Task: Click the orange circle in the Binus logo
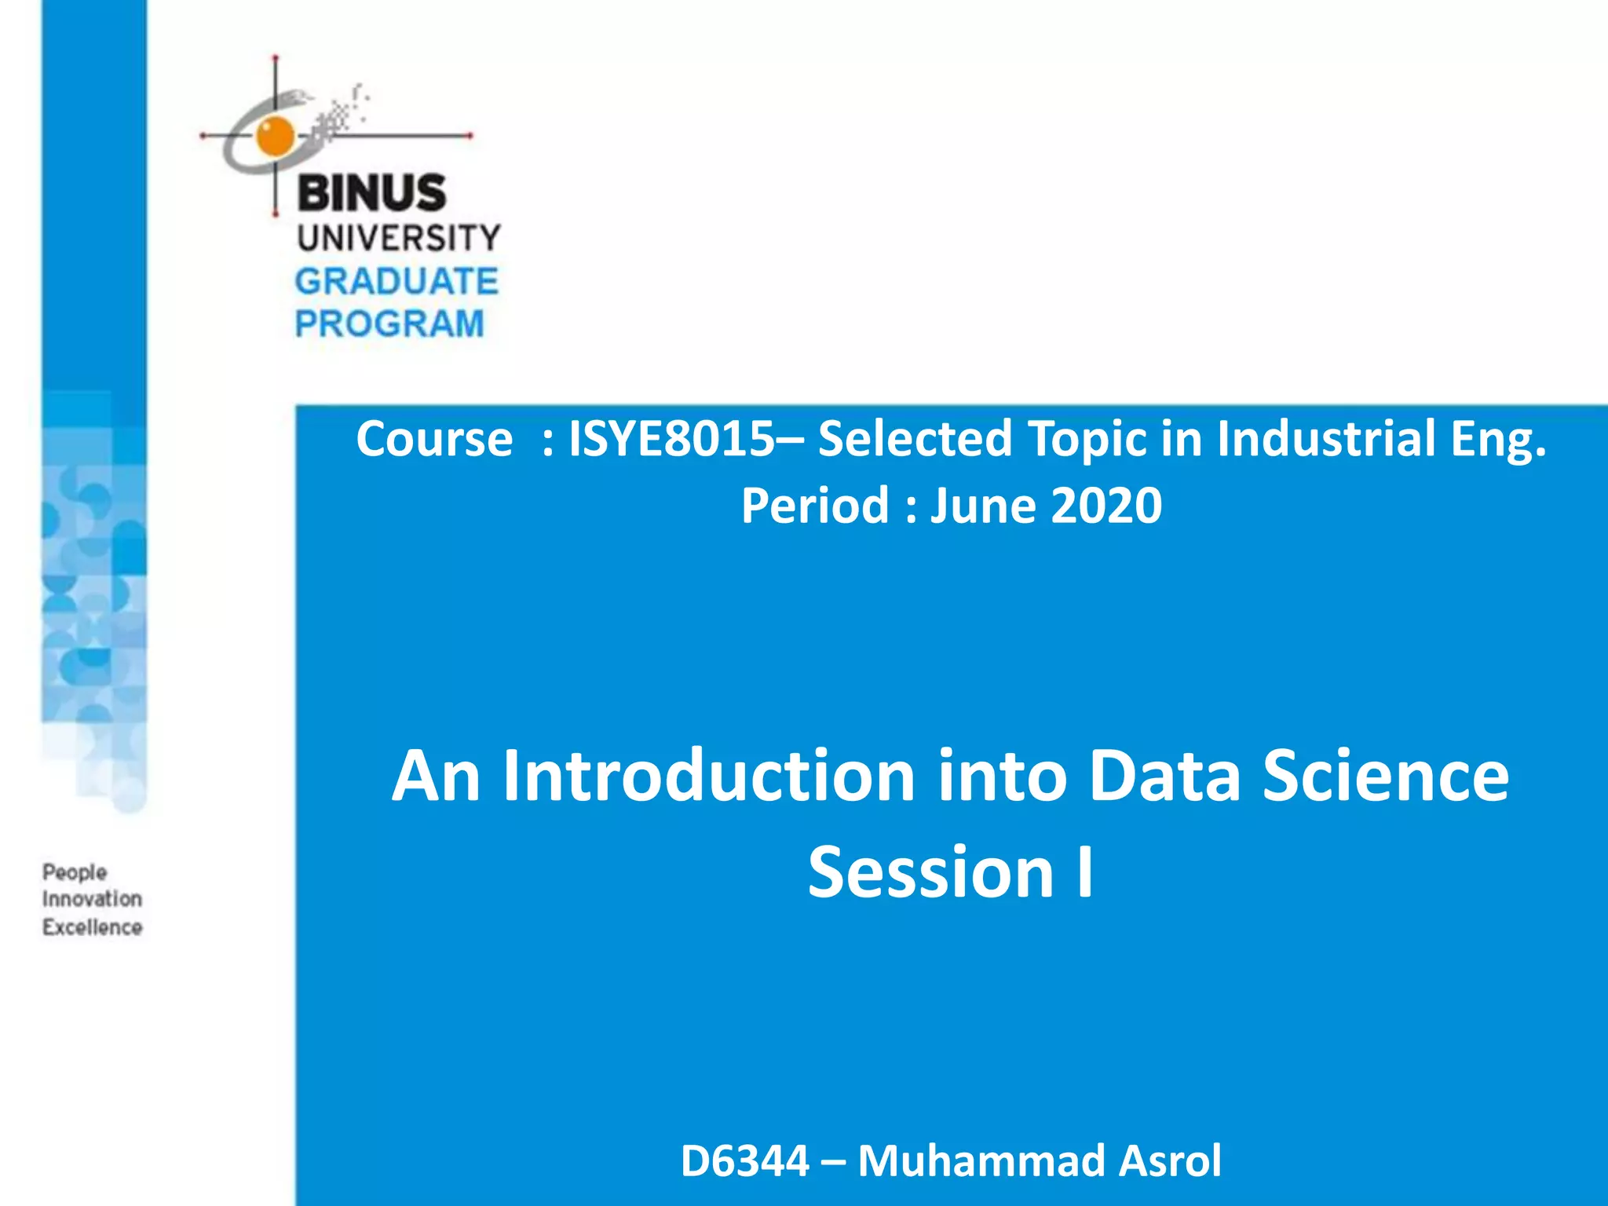click(274, 135)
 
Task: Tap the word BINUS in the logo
click(371, 193)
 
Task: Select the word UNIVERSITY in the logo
click(398, 238)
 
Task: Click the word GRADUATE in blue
click(397, 282)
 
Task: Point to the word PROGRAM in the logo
click(389, 324)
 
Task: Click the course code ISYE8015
click(671, 438)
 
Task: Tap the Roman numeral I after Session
click(1085, 872)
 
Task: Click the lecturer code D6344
click(744, 1160)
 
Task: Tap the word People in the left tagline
click(75, 872)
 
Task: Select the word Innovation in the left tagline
click(92, 899)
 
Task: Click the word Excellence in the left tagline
click(92, 927)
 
